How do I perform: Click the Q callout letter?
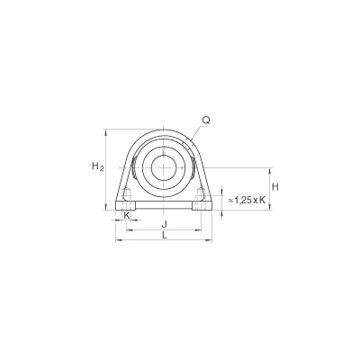pos(206,121)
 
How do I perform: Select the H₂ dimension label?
pos(97,166)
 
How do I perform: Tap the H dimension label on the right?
pos(275,187)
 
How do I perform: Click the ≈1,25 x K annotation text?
pos(247,200)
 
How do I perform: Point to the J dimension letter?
pos(164,224)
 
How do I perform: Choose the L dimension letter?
pos(164,236)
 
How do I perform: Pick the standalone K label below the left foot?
pos(127,215)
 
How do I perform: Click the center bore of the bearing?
pos(163,167)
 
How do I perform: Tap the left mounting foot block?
pos(126,205)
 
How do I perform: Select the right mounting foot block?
pos(202,205)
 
